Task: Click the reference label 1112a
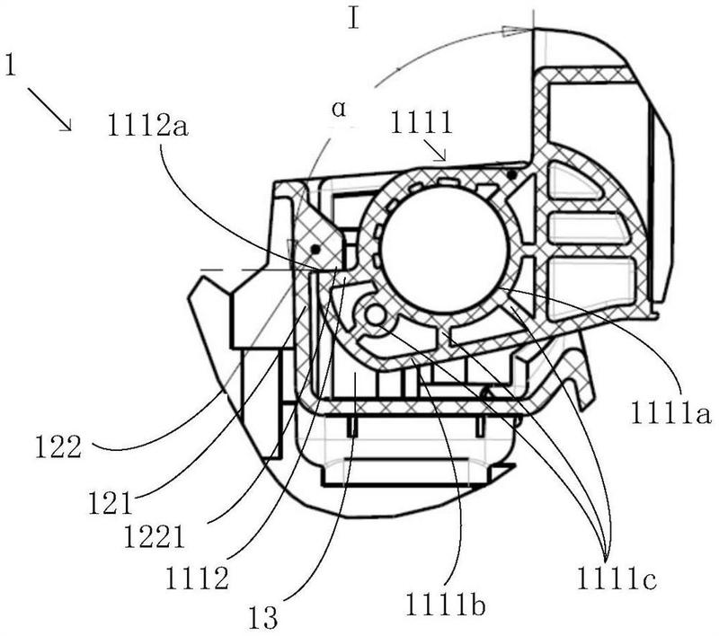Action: point(147,125)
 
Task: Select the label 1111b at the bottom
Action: point(444,605)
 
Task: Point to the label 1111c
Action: point(617,579)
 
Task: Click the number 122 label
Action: point(58,446)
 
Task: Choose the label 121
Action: point(111,503)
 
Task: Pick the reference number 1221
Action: point(154,536)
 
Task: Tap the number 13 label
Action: point(262,617)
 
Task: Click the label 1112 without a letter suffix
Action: point(197,579)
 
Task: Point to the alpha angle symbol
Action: point(339,110)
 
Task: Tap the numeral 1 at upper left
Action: point(10,65)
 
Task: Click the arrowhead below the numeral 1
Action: point(65,125)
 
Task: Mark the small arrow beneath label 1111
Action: point(434,151)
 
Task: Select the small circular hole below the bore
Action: point(376,315)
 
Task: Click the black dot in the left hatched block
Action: point(315,249)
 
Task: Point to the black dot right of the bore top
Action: point(511,174)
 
